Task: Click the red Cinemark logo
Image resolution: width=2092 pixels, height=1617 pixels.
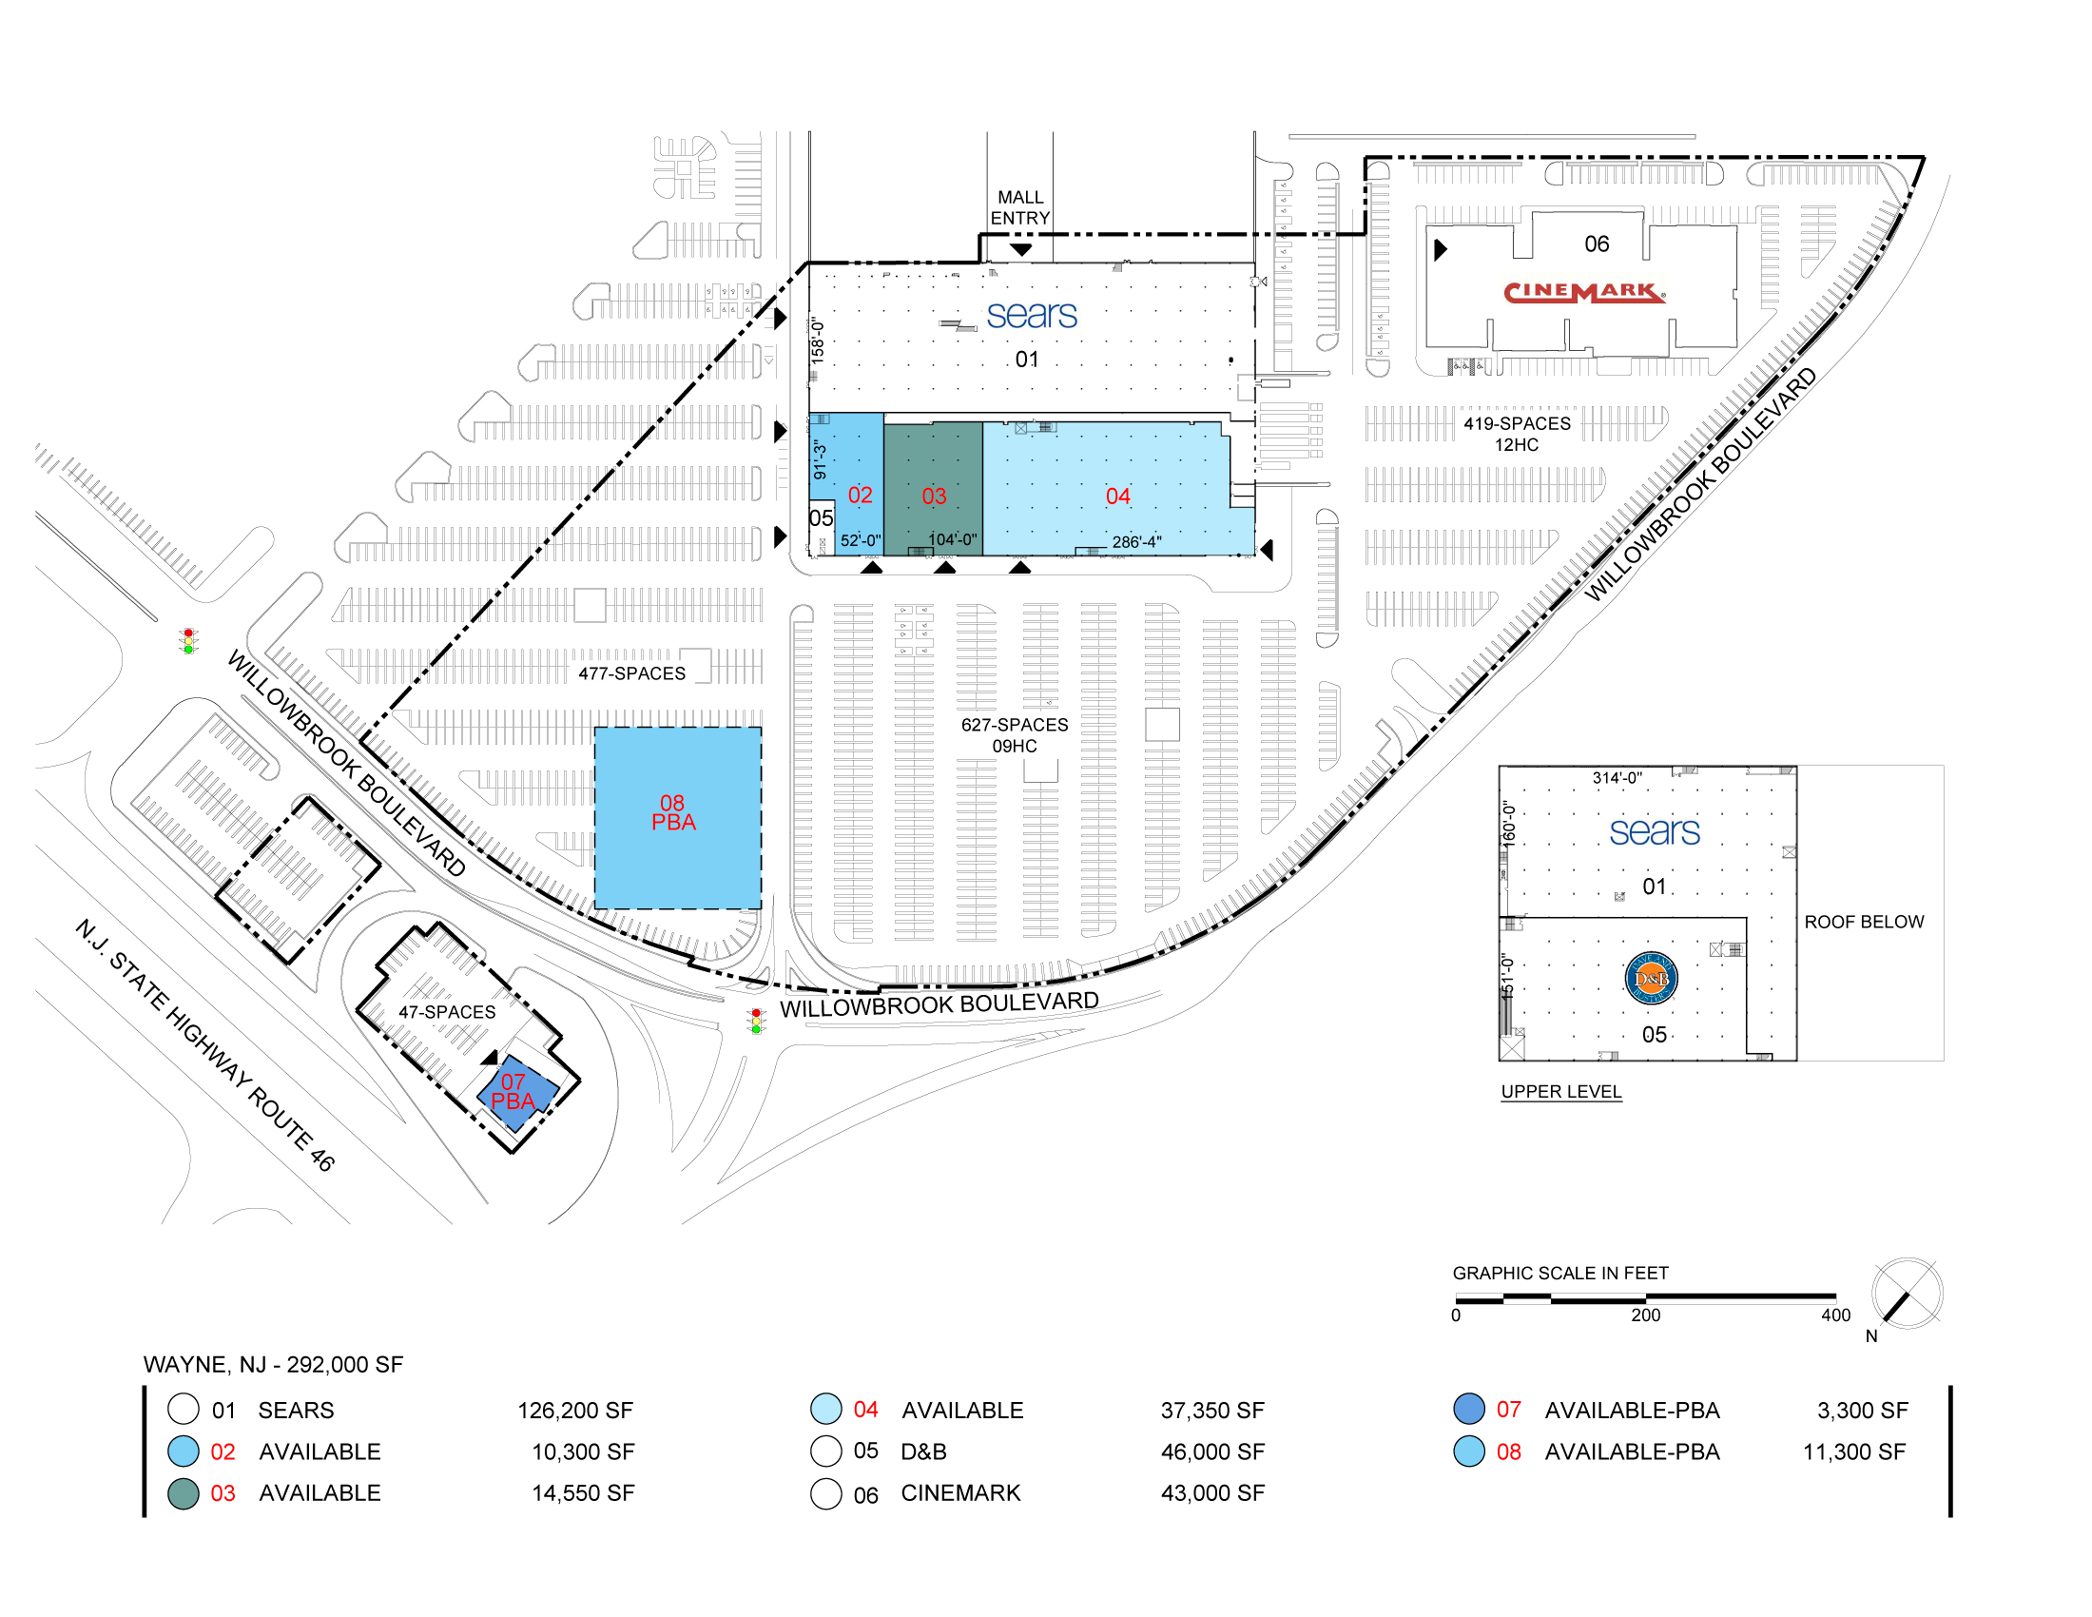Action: [x=1583, y=291]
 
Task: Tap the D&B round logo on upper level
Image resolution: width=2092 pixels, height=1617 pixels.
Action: [x=1652, y=978]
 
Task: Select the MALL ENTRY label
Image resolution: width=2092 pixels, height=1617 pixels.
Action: [x=1020, y=208]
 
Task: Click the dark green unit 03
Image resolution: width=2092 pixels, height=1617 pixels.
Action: [x=933, y=489]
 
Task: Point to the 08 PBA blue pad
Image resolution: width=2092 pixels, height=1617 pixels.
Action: [x=677, y=817]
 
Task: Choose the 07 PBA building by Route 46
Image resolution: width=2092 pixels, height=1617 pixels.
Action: [x=516, y=1093]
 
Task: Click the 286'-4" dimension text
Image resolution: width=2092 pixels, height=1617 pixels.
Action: [x=1136, y=542]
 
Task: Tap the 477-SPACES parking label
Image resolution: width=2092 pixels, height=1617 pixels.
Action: [x=631, y=673]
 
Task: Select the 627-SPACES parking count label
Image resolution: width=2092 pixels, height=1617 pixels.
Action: [x=1015, y=725]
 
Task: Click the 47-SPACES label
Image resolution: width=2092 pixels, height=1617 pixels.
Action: [x=447, y=1012]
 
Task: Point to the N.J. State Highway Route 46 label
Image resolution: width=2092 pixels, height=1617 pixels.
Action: [x=205, y=1044]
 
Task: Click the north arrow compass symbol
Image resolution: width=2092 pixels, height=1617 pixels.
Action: [x=1907, y=1295]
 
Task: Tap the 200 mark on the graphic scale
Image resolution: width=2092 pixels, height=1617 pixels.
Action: [x=1646, y=1315]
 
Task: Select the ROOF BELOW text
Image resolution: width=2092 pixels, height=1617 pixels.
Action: [x=1864, y=922]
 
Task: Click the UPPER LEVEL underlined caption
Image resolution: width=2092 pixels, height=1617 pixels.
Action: [x=1560, y=1091]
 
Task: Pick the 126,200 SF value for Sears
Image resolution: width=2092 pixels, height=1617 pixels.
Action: [x=574, y=1410]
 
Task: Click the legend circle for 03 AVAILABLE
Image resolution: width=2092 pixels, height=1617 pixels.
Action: [x=183, y=1493]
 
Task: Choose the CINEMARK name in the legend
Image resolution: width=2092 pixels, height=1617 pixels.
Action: [x=960, y=1492]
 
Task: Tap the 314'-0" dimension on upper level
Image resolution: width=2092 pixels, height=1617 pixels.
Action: [x=1617, y=778]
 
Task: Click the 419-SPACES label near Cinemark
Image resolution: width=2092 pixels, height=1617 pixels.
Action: [x=1518, y=423]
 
